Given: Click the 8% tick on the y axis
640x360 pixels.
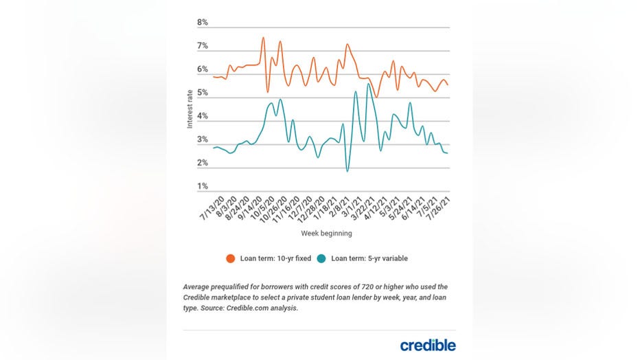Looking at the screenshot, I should tap(202, 23).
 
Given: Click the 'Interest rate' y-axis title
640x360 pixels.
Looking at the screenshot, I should tap(190, 107).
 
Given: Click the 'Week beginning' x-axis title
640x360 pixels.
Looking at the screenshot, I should tap(326, 234).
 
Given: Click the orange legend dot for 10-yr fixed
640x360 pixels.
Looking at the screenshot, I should tap(231, 259).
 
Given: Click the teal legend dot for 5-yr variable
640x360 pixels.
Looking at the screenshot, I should tap(322, 259).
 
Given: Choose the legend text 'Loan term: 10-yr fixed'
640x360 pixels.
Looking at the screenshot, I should tap(275, 259).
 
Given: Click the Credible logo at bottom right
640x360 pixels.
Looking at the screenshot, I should tap(427, 345).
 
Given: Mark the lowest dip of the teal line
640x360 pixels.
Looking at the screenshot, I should tap(347, 171).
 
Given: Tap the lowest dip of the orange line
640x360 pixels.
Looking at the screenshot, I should tap(376, 98).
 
